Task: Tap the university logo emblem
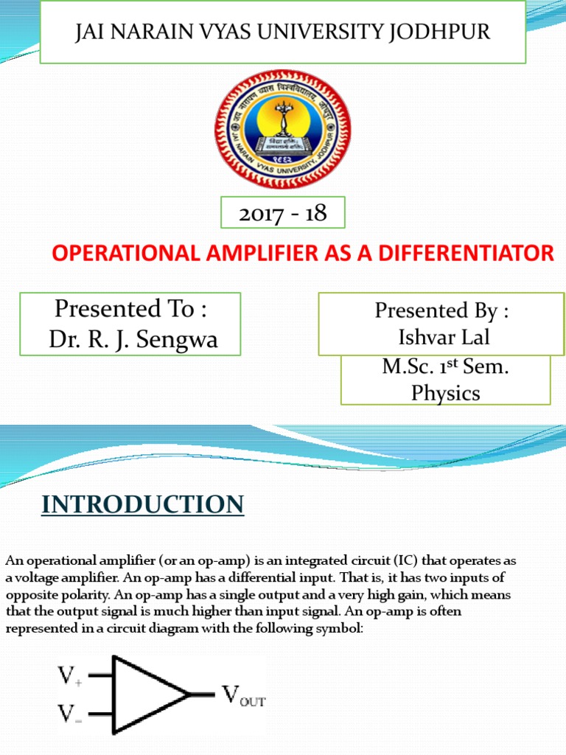click(x=282, y=128)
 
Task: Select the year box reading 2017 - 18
click(x=283, y=214)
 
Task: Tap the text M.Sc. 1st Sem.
click(x=445, y=367)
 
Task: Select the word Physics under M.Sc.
click(x=445, y=393)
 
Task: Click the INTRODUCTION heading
click(x=142, y=504)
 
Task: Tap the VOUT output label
click(x=244, y=695)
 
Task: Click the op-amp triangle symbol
click(x=147, y=694)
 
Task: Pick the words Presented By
click(x=442, y=310)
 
